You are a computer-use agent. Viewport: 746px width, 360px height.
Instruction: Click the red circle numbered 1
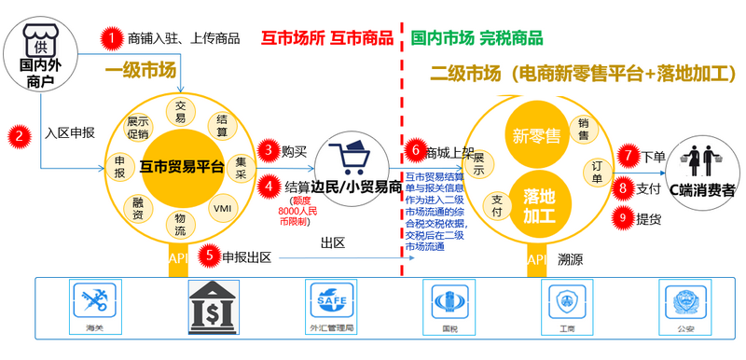112,38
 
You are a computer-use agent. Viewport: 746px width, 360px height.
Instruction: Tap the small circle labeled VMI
223,207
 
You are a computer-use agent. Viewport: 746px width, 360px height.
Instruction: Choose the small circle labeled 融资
137,207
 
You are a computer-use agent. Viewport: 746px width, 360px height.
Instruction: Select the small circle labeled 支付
497,206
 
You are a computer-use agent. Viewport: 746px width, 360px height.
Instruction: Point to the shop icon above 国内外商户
39,43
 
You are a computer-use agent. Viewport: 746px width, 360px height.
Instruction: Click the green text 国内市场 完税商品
477,38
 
